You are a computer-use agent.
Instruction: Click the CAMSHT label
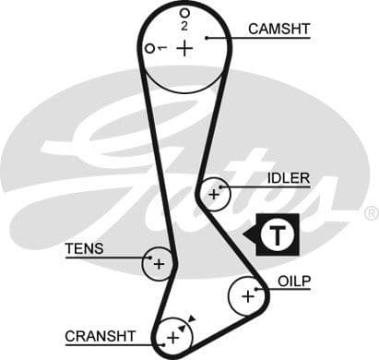(278, 29)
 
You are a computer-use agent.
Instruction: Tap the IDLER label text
(288, 177)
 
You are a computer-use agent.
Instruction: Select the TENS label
(84, 248)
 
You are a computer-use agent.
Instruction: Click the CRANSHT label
(101, 335)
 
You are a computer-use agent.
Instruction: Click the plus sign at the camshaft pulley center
(185, 47)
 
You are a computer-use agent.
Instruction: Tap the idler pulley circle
(214, 194)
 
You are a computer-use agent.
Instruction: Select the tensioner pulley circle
(159, 264)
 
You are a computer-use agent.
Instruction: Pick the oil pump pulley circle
(246, 296)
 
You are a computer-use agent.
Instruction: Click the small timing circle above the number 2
(184, 13)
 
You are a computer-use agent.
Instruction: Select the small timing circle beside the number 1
(149, 48)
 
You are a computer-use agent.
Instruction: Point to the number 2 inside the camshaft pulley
(184, 26)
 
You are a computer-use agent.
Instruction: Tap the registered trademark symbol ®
(370, 212)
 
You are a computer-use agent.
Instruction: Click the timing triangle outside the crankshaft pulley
(192, 318)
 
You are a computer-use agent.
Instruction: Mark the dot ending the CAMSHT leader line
(208, 37)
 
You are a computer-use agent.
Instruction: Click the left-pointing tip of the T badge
(245, 235)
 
